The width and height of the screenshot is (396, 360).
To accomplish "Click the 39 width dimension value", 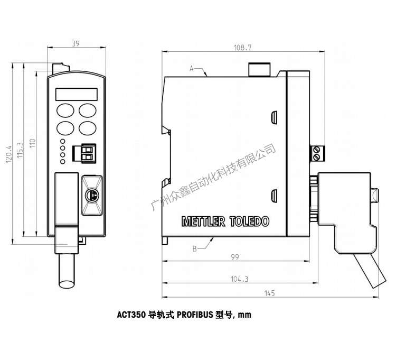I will point(76,44).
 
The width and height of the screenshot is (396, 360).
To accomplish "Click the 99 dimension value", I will point(235,257).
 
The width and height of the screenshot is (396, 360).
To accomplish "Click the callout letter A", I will point(192,68).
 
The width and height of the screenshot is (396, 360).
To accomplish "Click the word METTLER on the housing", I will point(203,221).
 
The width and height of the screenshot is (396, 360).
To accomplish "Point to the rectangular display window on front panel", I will point(77,94).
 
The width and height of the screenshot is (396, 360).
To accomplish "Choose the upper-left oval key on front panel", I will point(65,110).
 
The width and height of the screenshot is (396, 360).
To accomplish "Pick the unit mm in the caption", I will point(244,316).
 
